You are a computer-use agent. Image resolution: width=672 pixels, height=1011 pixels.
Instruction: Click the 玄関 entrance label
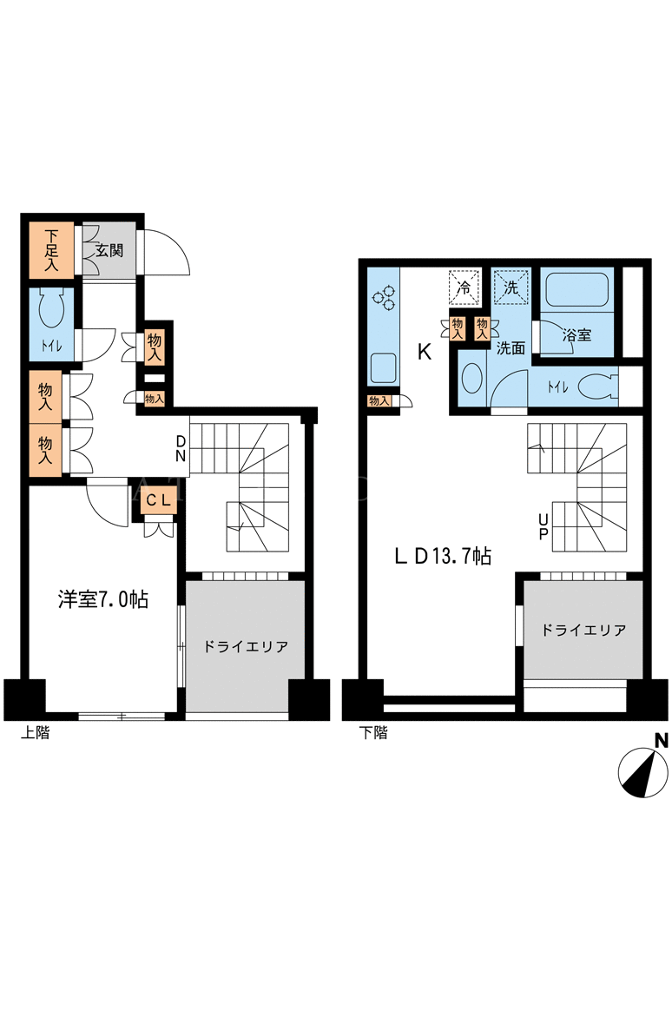(109, 250)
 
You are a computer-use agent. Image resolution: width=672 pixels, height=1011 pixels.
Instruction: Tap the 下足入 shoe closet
(51, 250)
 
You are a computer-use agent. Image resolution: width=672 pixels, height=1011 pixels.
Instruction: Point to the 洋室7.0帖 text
(103, 599)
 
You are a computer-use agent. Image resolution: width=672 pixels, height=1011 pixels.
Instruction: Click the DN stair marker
(181, 449)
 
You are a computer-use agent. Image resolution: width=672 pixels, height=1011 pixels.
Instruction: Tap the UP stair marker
(544, 526)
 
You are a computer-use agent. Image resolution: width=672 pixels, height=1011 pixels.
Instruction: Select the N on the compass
(661, 741)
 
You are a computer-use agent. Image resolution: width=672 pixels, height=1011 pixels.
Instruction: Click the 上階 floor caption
(35, 732)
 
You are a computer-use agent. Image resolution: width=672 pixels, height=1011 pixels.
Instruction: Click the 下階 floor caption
(373, 732)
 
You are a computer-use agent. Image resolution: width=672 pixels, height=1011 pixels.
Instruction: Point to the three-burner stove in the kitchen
(383, 296)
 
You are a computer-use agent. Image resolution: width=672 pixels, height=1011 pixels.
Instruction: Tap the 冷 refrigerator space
(464, 287)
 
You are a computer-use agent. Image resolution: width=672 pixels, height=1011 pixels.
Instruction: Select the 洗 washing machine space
(511, 287)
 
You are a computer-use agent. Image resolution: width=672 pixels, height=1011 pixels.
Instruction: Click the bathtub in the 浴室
(576, 290)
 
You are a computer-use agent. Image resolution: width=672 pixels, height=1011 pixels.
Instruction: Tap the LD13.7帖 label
(444, 556)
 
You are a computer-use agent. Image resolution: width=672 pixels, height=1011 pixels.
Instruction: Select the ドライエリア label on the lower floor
(583, 630)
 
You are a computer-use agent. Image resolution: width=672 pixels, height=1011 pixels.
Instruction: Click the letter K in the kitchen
(424, 352)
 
